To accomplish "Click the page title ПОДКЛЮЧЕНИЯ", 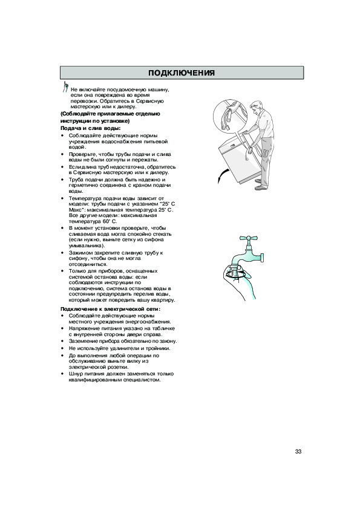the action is tap(182, 73).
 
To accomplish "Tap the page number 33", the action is tap(298, 452).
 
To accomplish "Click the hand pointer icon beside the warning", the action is tap(65, 86).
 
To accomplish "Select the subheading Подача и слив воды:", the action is tap(91, 128).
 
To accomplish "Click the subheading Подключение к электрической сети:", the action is tap(111, 309).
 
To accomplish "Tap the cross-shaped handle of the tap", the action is tap(249, 238).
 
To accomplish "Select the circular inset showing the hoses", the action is tap(230, 116).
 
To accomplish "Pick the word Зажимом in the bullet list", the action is tap(78, 253).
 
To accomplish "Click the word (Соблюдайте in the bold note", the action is tap(78, 114).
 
